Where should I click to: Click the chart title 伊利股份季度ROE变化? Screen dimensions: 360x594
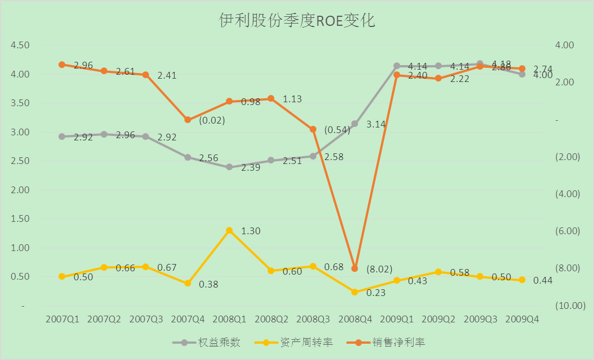(x=297, y=21)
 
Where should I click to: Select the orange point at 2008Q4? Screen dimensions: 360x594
(x=355, y=268)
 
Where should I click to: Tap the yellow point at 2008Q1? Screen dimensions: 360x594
(x=229, y=230)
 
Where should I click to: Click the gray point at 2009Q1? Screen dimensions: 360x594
(x=397, y=66)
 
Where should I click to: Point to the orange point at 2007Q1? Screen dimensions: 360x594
(x=62, y=65)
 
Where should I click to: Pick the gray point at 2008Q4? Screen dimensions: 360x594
(x=355, y=124)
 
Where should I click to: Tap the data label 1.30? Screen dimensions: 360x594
(x=251, y=231)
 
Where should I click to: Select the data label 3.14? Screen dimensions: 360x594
(x=375, y=125)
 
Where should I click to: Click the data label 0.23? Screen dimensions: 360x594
(x=375, y=293)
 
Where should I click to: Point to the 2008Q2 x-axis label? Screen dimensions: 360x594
(x=271, y=319)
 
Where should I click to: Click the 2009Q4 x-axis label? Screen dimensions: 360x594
(x=522, y=319)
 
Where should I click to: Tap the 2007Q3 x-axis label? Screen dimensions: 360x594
(x=146, y=319)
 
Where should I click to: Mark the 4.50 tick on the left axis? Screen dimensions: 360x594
(x=20, y=45)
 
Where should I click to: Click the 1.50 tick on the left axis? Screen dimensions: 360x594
(x=20, y=219)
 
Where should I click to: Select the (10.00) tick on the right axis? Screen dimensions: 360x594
(x=570, y=305)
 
